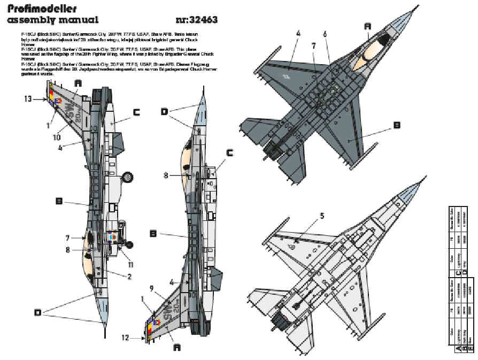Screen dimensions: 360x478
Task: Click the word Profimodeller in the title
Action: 42,9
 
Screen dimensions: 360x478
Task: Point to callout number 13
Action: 28,98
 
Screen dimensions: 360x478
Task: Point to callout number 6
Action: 324,33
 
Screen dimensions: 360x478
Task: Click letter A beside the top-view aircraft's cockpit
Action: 367,26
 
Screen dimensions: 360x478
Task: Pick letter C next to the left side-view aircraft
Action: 136,112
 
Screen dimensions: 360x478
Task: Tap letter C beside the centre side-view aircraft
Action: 229,152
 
